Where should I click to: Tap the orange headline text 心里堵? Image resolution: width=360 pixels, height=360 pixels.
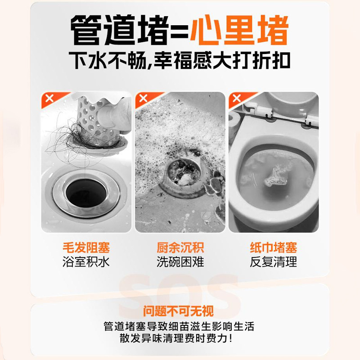tap(239, 31)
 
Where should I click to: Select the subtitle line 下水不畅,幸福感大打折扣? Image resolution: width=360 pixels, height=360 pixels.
tap(180, 61)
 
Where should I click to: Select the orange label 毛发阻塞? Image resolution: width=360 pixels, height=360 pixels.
tap(86, 247)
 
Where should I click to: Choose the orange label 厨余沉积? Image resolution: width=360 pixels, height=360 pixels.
tap(180, 247)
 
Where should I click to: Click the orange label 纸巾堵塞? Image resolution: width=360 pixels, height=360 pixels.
tap(274, 247)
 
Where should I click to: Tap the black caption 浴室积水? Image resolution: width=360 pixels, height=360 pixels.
tap(86, 261)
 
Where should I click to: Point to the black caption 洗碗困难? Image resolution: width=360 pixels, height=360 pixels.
tap(180, 261)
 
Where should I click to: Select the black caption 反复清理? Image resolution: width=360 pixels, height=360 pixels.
tap(274, 261)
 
